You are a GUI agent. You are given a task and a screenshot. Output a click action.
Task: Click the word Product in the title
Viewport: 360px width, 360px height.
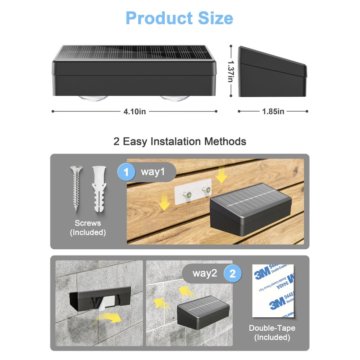pyautogui.click(x=159, y=18)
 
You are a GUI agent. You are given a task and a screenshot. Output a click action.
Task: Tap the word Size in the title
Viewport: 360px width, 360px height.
pyautogui.click(x=216, y=18)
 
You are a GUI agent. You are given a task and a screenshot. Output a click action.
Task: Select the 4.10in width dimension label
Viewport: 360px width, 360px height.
pyautogui.click(x=135, y=112)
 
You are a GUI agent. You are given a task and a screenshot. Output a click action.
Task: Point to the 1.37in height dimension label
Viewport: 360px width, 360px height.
pyautogui.click(x=231, y=71)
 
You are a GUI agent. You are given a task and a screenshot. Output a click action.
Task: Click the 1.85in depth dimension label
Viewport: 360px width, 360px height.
pyautogui.click(x=273, y=112)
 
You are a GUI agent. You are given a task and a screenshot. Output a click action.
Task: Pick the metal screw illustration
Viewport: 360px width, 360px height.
pyautogui.click(x=76, y=188)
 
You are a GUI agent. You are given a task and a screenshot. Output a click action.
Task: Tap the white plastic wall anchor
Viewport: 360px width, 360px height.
pyautogui.click(x=99, y=189)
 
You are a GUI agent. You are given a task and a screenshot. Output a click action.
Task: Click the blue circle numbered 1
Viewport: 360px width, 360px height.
pyautogui.click(x=126, y=172)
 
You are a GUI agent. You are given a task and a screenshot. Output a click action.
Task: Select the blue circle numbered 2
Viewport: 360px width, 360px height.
pyautogui.click(x=233, y=274)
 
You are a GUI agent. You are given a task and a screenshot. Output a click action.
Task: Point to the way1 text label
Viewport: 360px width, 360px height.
pyautogui.click(x=153, y=172)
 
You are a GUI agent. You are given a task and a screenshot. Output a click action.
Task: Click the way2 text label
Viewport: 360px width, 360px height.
pyautogui.click(x=205, y=274)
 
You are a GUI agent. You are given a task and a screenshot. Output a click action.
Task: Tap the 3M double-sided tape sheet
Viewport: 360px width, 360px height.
pyautogui.click(x=273, y=291)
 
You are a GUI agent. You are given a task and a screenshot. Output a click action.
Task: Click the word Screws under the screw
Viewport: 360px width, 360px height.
pyautogui.click(x=88, y=223)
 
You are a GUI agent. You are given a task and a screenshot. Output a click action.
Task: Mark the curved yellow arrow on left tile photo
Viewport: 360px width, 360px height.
pyautogui.click(x=107, y=317)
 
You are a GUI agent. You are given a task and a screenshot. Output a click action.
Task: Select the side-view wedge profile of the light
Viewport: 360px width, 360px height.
pyautogui.click(x=272, y=72)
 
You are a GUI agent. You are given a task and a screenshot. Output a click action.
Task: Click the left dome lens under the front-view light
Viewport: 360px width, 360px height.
pyautogui.click(x=94, y=98)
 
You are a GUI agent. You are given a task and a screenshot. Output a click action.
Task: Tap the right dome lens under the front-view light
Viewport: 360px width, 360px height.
pyautogui.click(x=175, y=98)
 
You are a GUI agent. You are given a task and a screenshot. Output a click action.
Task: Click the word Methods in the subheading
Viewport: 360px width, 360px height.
pyautogui.click(x=225, y=141)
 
